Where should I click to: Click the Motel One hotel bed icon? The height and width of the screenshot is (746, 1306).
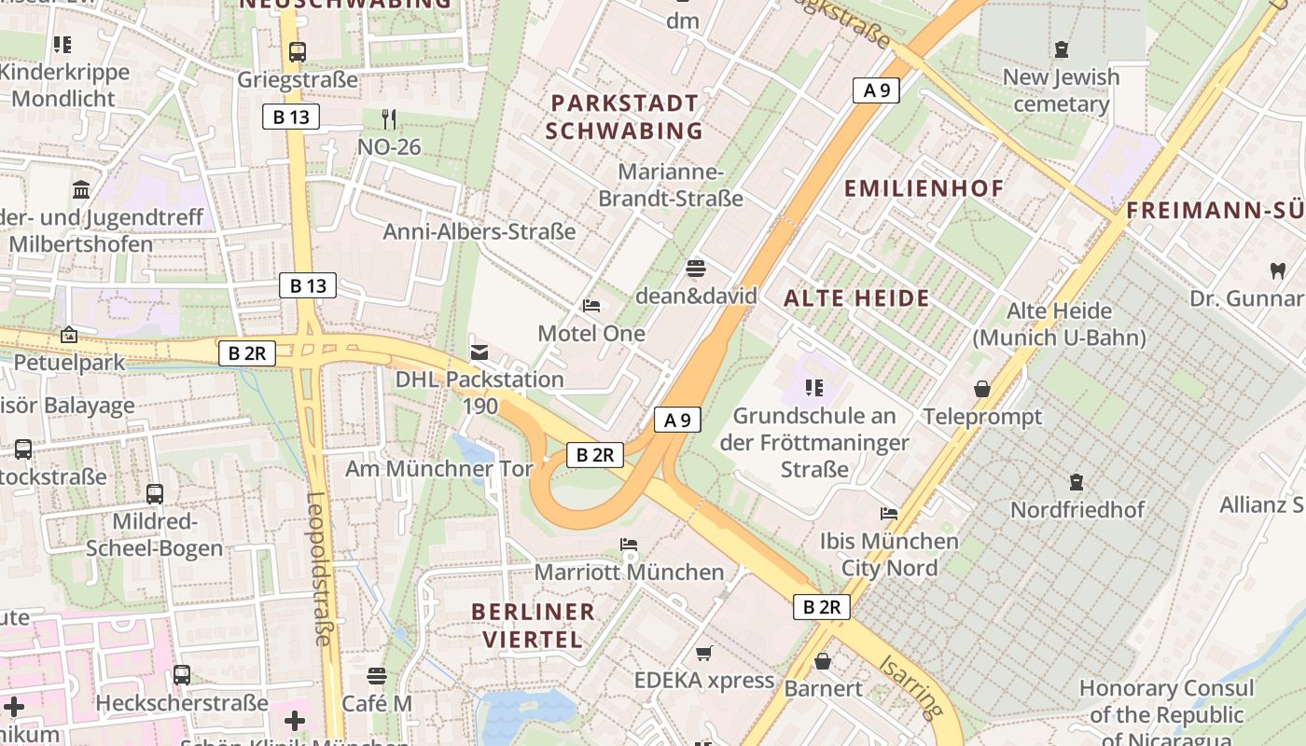[x=591, y=305]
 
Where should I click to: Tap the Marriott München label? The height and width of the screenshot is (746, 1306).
[x=630, y=572]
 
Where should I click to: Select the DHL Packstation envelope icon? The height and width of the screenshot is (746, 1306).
[x=479, y=352]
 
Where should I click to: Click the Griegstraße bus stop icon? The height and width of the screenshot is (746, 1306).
[x=298, y=52]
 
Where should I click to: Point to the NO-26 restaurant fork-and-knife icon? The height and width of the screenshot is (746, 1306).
[x=389, y=118]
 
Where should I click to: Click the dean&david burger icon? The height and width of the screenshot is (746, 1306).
[x=695, y=269]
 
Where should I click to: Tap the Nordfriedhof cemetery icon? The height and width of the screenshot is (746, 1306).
[x=1077, y=482]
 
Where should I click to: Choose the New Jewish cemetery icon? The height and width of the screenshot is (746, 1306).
[x=1061, y=48]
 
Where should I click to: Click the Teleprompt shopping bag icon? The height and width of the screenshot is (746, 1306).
[x=981, y=388]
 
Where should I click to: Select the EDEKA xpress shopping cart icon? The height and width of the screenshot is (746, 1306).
[x=704, y=653]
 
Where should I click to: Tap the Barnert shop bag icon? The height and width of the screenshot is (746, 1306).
[x=823, y=661]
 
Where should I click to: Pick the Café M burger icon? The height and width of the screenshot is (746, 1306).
[x=377, y=675]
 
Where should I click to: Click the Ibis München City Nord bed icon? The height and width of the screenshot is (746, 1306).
[x=888, y=513]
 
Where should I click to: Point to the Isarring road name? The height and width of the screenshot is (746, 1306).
[x=909, y=686]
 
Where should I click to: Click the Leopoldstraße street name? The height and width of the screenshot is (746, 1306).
[x=319, y=568]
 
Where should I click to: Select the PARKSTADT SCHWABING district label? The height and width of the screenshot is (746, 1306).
[x=624, y=117]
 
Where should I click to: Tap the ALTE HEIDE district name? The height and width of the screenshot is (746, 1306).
[x=856, y=298]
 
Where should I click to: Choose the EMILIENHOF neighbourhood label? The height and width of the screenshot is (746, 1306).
[x=924, y=188]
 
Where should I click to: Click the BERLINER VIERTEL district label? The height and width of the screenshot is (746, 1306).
[x=533, y=625]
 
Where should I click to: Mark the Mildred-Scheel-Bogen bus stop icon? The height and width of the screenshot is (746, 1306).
[x=155, y=493]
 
